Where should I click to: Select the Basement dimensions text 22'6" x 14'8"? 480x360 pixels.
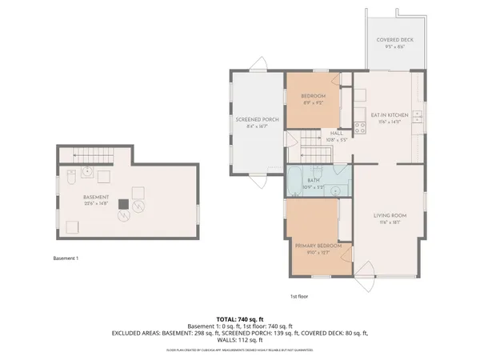click(x=96, y=202)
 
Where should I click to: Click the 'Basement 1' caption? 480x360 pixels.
click(x=66, y=258)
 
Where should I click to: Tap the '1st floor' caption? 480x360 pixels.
click(x=300, y=296)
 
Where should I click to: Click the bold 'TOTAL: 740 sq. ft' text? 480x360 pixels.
click(x=240, y=318)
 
